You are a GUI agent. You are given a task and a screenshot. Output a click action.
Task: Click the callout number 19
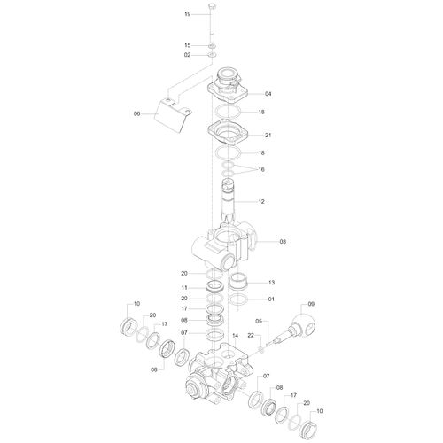[188, 14]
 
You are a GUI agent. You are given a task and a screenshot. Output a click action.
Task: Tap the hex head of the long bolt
[213, 6]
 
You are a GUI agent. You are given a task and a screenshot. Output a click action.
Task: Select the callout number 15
[188, 45]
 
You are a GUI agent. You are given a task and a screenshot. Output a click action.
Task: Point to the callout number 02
[188, 55]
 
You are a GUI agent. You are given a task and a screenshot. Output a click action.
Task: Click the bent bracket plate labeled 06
[174, 116]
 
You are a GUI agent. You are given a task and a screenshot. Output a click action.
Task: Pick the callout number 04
[268, 94]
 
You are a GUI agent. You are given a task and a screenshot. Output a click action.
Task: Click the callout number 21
[268, 136]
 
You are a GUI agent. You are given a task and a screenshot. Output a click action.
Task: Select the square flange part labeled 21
[228, 133]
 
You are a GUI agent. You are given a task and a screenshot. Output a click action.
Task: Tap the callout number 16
[261, 169]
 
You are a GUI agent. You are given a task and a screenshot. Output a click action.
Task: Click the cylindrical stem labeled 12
[228, 201]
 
